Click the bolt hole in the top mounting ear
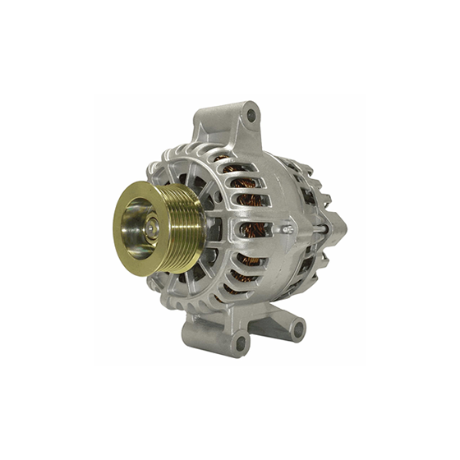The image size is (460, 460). (x=251, y=116)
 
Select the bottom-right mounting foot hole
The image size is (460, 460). (x=297, y=329)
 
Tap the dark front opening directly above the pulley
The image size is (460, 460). (x=184, y=172)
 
